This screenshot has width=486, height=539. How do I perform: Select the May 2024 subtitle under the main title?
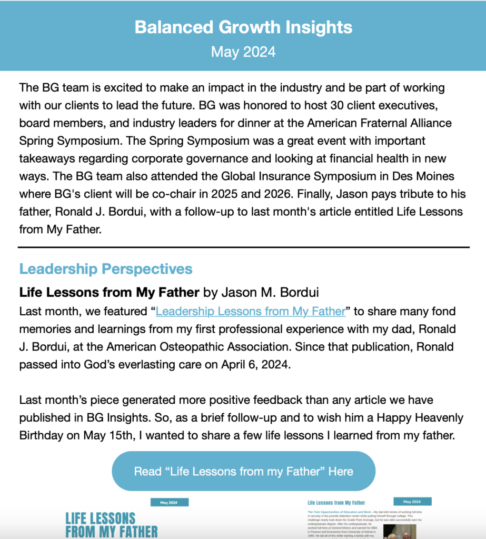click(x=243, y=52)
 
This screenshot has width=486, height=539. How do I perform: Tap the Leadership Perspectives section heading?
click(x=106, y=269)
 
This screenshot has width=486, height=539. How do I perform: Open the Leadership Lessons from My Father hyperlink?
click(x=250, y=311)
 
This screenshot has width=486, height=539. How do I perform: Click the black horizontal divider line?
click(x=243, y=247)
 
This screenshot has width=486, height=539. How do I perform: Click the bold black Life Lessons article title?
click(x=109, y=292)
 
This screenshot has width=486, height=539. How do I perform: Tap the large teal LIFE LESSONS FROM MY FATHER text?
click(x=111, y=525)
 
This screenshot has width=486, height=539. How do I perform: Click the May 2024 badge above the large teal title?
click(x=169, y=503)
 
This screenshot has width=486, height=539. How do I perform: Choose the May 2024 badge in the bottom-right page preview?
click(x=412, y=502)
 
